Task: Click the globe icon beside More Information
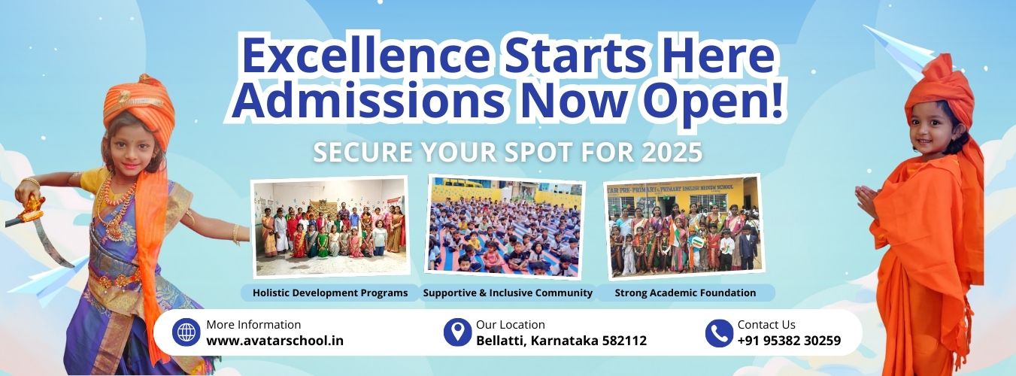[x=186, y=332]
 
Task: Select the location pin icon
[x=457, y=332]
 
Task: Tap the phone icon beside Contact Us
[x=719, y=333]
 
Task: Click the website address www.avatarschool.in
[x=274, y=341]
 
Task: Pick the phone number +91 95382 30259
[x=789, y=341]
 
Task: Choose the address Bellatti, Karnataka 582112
[x=561, y=341]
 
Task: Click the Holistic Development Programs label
[x=330, y=293]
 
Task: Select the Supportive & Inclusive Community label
[x=508, y=293]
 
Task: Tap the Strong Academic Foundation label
[x=685, y=293]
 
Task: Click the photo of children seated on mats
[x=505, y=227]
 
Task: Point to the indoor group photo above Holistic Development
[x=331, y=227]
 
